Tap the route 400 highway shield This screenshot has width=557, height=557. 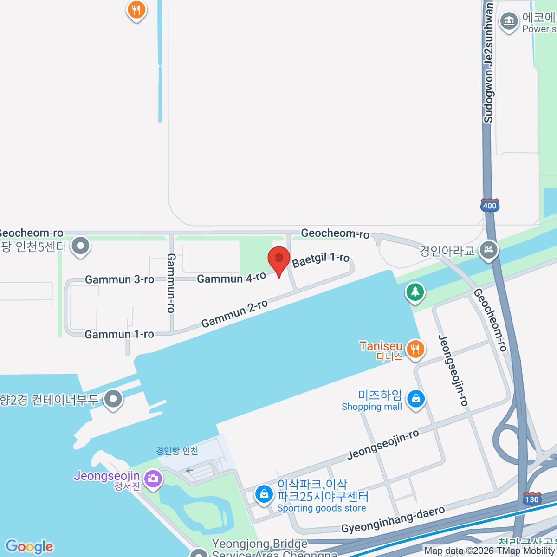coord(490,205)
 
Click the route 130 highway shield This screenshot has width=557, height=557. coord(531,499)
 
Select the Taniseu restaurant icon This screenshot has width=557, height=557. coord(415,349)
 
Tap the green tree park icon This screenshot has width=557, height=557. coord(415,292)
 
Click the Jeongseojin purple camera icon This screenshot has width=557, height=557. coord(153,478)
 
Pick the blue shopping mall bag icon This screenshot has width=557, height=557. coord(415,399)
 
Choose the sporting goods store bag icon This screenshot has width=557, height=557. coord(264,494)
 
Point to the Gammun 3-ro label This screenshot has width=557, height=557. coord(119,279)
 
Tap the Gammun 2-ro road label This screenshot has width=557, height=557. coord(235,313)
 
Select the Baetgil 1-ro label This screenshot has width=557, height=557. coord(321,260)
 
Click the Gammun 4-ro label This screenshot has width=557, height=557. coord(232,278)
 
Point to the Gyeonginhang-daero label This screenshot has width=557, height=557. coord(393,520)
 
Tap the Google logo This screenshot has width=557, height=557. coord(29,547)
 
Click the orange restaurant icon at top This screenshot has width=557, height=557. coord(136,10)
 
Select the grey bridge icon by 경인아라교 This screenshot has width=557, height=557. coord(489,250)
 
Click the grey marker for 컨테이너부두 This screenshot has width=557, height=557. coord(113,399)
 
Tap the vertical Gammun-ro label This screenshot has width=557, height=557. coord(171,283)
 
